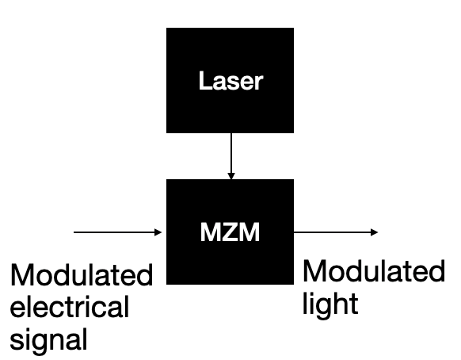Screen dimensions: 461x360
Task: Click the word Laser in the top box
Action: pyautogui.click(x=230, y=80)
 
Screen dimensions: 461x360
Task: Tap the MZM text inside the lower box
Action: pyautogui.click(x=230, y=232)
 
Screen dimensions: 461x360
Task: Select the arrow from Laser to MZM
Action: pyautogui.click(x=231, y=156)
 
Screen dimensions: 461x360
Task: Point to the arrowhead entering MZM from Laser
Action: pyautogui.click(x=231, y=176)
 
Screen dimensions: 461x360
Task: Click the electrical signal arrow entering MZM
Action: pyautogui.click(x=117, y=232)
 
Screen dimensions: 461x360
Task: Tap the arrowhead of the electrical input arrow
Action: pyautogui.click(x=158, y=232)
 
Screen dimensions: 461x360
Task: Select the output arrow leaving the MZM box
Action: pyautogui.click(x=336, y=232)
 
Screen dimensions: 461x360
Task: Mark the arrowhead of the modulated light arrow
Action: pyautogui.click(x=375, y=232)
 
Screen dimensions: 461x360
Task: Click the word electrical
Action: pyautogui.click(x=70, y=307)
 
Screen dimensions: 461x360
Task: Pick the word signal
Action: pyautogui.click(x=48, y=339)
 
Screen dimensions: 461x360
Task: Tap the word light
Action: pyautogui.click(x=330, y=304)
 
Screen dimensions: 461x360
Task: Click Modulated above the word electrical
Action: pyautogui.click(x=82, y=274)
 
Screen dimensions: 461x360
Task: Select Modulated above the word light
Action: pyautogui.click(x=374, y=271)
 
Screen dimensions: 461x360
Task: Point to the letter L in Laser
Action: pyautogui.click(x=205, y=80)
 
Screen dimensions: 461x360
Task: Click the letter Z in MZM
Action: pyautogui.click(x=230, y=232)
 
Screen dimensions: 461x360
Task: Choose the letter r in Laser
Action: pyautogui.click(x=258, y=82)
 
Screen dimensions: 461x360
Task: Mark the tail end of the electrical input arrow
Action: pyautogui.click(x=74, y=232)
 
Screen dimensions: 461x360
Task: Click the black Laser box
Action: pyautogui.click(x=230, y=80)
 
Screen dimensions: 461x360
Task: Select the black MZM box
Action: pyautogui.click(x=230, y=232)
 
